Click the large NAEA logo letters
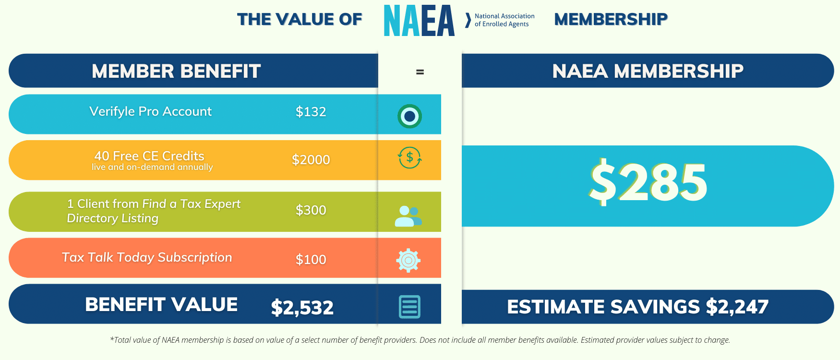pyautogui.click(x=419, y=21)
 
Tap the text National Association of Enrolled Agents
pyautogui.click(x=504, y=20)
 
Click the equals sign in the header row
pyautogui.click(x=420, y=72)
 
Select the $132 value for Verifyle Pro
pyautogui.click(x=311, y=112)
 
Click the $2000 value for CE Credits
pyautogui.click(x=311, y=160)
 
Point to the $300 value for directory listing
pyautogui.click(x=311, y=210)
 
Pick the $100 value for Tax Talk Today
pyautogui.click(x=311, y=260)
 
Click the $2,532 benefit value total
pyautogui.click(x=302, y=308)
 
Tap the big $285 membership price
pyautogui.click(x=648, y=183)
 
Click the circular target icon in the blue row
pyautogui.click(x=409, y=116)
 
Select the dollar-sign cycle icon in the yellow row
pyautogui.click(x=409, y=157)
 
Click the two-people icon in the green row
pyautogui.click(x=408, y=216)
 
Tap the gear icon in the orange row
pyautogui.click(x=408, y=260)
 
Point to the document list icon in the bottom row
pyautogui.click(x=409, y=307)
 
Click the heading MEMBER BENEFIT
pyautogui.click(x=176, y=71)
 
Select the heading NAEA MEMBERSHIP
pyautogui.click(x=648, y=71)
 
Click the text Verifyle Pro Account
pyautogui.click(x=150, y=111)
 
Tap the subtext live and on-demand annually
pyautogui.click(x=152, y=167)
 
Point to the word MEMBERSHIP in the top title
pyautogui.click(x=611, y=19)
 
